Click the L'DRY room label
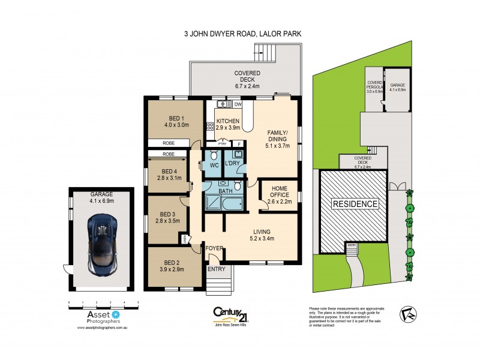click(x=233, y=164)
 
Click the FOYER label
click(x=214, y=247)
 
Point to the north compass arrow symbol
click(x=409, y=313)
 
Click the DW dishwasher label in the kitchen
click(x=238, y=104)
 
